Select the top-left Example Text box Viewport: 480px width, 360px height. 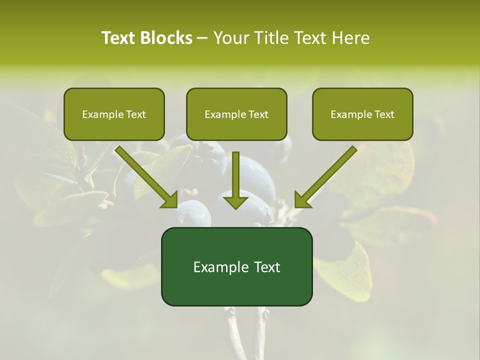pyautogui.click(x=114, y=114)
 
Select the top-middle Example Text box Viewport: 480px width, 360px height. pyautogui.click(x=236, y=114)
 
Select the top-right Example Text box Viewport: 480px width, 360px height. pyautogui.click(x=362, y=114)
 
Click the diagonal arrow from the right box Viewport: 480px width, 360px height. pyautogui.click(x=330, y=172)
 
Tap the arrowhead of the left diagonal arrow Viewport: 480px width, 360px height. pyautogui.click(x=170, y=200)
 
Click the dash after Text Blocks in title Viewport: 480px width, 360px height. pyautogui.click(x=202, y=38)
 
